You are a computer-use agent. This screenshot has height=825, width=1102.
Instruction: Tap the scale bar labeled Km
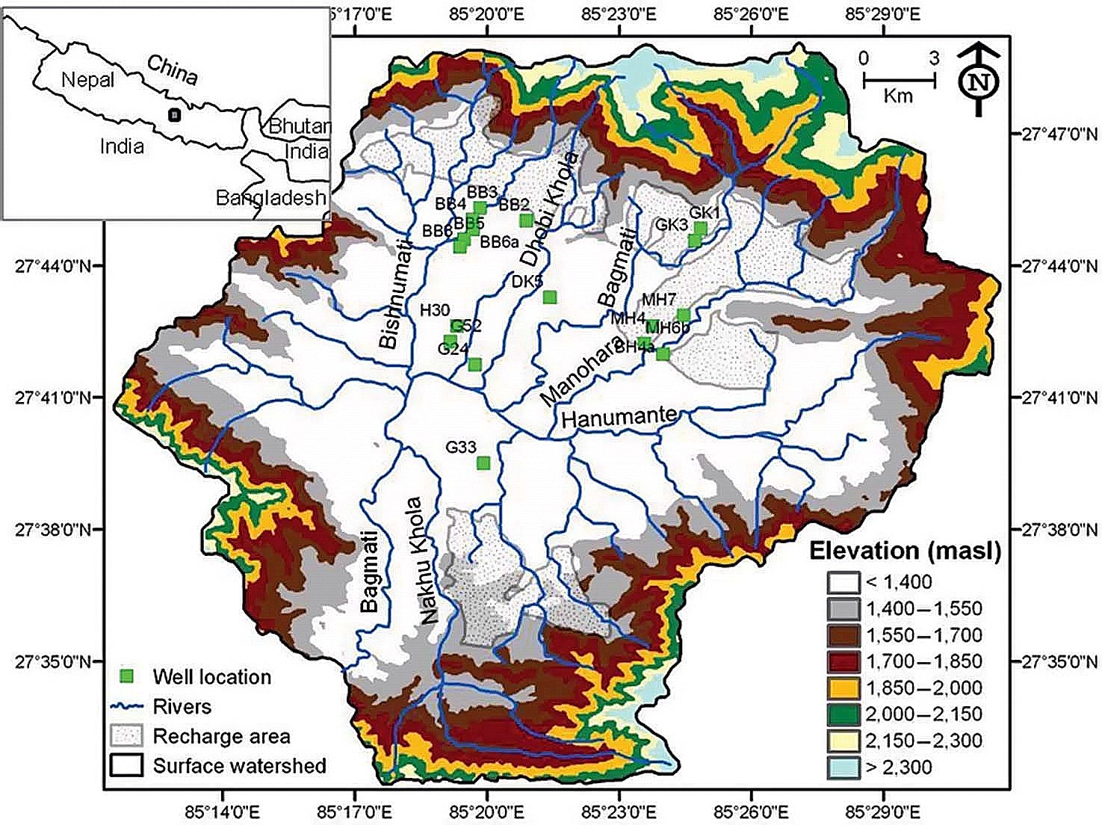899,79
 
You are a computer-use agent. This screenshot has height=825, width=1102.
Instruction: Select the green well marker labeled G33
483,463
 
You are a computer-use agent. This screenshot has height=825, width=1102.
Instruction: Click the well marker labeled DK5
550,297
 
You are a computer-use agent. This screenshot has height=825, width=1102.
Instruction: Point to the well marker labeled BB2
526,220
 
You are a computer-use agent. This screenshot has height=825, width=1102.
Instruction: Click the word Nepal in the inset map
88,79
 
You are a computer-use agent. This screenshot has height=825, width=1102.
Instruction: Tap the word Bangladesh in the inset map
270,198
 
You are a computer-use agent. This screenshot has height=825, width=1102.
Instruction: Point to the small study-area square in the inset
174,114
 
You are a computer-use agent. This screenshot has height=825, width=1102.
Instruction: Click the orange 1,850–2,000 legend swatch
843,687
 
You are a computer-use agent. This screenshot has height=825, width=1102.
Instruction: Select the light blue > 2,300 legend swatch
843,767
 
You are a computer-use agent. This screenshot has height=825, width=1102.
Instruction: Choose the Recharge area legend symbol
126,736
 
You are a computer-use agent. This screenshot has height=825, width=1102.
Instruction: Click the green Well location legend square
128,676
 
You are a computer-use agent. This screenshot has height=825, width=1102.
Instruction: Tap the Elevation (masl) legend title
906,551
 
